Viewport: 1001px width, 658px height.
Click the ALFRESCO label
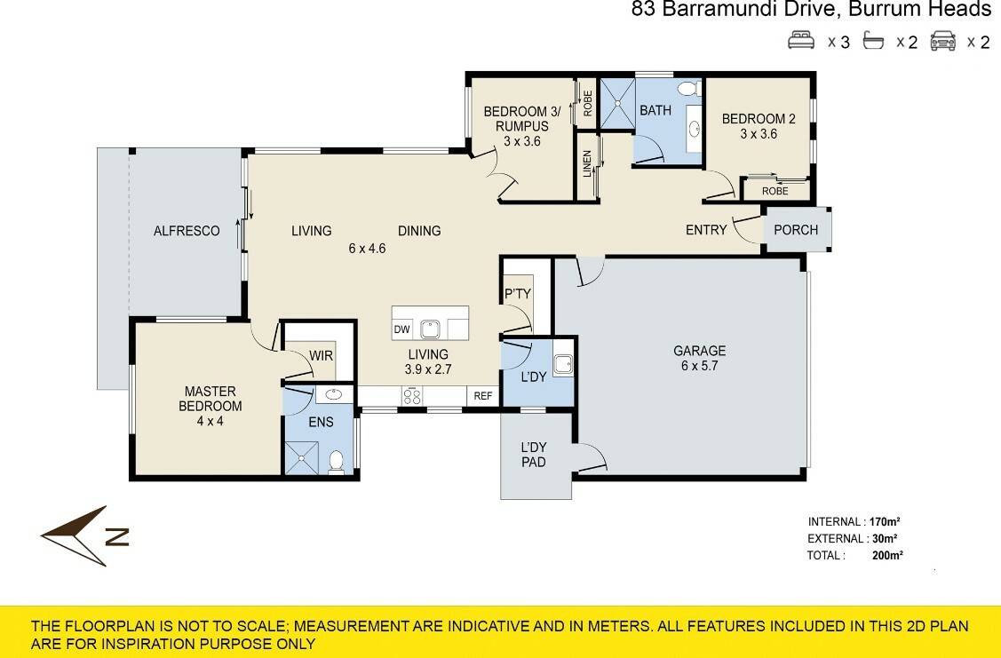point(187,230)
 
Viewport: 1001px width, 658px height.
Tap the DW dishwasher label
point(401,329)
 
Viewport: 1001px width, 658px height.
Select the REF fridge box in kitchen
point(483,396)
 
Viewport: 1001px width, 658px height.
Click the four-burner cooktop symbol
point(412,396)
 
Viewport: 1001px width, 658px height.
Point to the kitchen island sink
point(430,329)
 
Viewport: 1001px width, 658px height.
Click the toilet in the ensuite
point(337,462)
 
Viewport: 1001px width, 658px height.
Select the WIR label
point(322,355)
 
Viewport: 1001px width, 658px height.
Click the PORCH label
point(796,230)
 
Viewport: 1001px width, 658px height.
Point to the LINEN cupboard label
point(587,164)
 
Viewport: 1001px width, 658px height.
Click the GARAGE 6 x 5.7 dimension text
point(700,366)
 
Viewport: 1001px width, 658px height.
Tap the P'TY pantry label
point(518,294)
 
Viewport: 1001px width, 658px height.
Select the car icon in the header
point(943,42)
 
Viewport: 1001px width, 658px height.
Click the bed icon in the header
point(801,41)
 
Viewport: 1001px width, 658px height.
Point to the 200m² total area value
point(887,555)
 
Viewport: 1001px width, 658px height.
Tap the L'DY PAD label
point(534,455)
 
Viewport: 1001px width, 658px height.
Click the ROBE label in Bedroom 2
point(775,191)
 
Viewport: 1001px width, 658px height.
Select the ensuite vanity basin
point(334,394)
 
